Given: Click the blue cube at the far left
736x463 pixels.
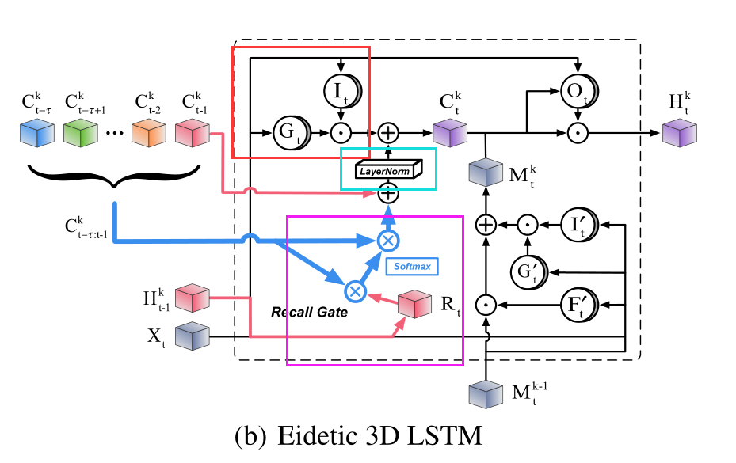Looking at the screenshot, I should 36,132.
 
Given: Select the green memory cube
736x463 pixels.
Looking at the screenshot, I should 82,132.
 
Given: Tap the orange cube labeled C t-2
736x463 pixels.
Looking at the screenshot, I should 148,132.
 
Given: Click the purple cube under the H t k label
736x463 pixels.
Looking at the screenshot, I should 678,132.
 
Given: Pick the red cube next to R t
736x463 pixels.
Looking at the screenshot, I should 414,306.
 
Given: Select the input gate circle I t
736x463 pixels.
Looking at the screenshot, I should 341,91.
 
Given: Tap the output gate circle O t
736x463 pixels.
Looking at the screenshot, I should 579,91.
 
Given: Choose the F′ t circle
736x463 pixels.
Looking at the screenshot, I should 579,303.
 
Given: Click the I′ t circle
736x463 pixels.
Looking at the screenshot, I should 579,225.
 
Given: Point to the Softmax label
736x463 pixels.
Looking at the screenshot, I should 413,266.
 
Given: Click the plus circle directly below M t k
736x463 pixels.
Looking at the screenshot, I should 485,226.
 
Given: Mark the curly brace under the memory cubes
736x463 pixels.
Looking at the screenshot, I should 116,176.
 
